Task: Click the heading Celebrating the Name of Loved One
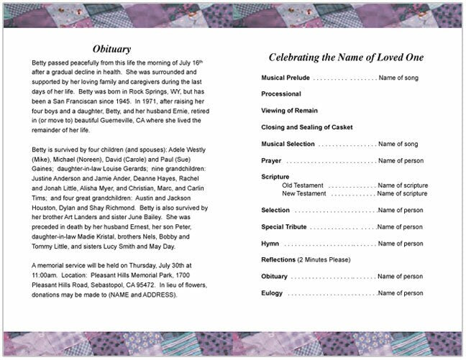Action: pyautogui.click(x=346, y=57)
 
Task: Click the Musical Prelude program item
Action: pyautogui.click(x=285, y=78)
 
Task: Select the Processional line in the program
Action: pyautogui.click(x=281, y=94)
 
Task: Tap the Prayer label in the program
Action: pyautogui.click(x=271, y=160)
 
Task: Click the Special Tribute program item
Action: pyautogui.click(x=284, y=227)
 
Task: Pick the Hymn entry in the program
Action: pyautogui.click(x=270, y=244)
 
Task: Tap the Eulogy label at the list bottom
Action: pyautogui.click(x=272, y=293)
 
